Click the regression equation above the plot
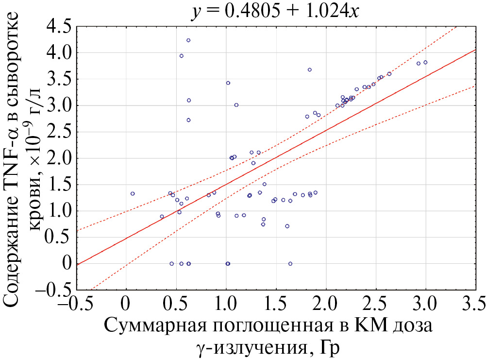tap(274, 11)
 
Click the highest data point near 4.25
tap(188, 40)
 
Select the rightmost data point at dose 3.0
tap(425, 63)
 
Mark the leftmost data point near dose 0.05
tap(133, 193)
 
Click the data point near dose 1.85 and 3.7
tap(310, 69)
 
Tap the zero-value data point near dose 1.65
tap(290, 264)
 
